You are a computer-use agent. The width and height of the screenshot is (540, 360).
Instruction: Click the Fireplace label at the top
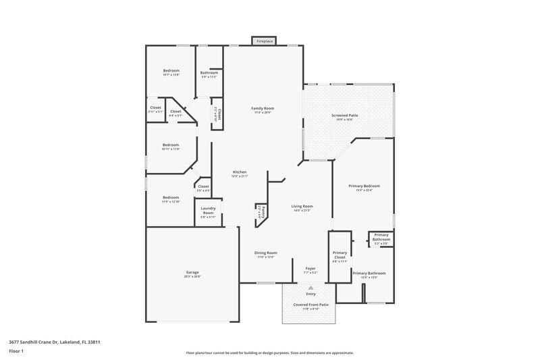tap(263, 42)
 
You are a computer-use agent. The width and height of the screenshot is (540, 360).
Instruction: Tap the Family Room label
tap(263, 108)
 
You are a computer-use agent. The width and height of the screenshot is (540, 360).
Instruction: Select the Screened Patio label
tap(344, 115)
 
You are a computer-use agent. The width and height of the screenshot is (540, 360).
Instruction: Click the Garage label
tap(192, 273)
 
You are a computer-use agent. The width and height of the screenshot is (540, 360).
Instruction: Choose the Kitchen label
tap(240, 172)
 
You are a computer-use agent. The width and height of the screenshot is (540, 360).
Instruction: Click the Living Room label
tap(302, 206)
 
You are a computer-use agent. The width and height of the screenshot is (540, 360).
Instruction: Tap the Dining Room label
tap(267, 253)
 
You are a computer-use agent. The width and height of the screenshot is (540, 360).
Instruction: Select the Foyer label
tap(310, 268)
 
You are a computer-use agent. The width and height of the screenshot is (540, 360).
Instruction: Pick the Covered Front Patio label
tap(310, 305)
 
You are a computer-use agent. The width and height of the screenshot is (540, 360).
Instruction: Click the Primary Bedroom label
tap(364, 186)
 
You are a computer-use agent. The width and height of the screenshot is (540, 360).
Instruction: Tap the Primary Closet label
tap(340, 255)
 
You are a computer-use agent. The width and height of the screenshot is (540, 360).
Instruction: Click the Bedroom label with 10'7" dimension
tap(171, 71)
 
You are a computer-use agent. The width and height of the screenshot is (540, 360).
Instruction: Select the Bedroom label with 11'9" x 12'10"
tap(170, 197)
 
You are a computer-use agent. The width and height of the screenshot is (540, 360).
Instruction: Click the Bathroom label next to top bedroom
tap(209, 73)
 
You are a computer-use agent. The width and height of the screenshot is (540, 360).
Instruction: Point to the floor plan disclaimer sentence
tap(269, 353)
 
